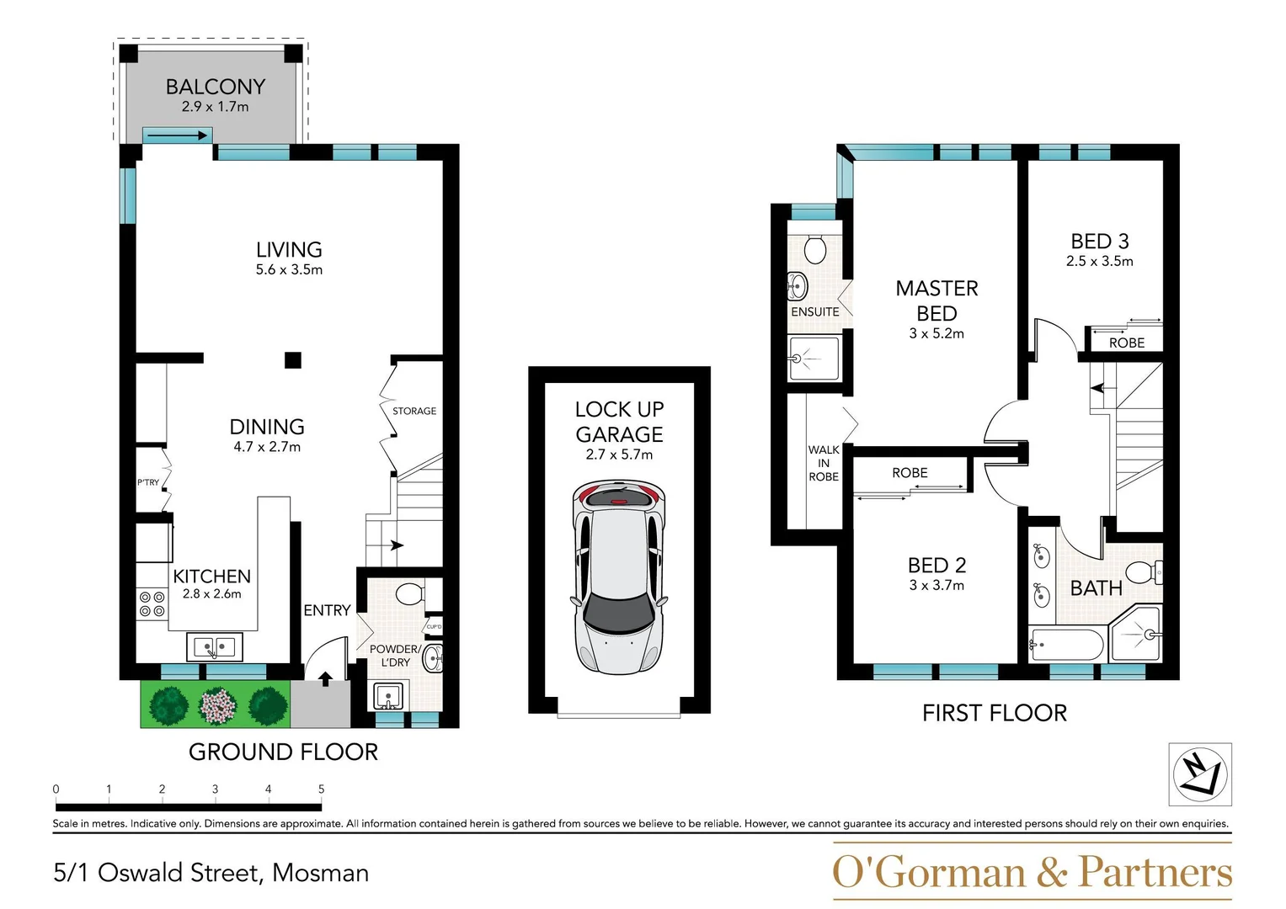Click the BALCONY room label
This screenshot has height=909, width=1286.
216,87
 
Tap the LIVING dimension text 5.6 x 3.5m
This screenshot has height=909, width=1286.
289,270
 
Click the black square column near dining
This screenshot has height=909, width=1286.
292,360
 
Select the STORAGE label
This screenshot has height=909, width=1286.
414,411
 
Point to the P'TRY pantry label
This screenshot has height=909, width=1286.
148,482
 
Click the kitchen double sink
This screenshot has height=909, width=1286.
215,647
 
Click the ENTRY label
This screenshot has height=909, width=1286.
327,610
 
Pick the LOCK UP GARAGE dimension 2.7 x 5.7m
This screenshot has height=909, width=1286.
619,454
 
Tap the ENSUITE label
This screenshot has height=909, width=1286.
814,311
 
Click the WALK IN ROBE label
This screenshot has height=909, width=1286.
823,463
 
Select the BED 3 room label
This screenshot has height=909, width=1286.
1099,242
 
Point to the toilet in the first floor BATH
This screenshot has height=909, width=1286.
1143,572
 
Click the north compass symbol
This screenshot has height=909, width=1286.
1199,774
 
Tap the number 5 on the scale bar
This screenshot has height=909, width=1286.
321,789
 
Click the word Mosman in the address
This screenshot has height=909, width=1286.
321,873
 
